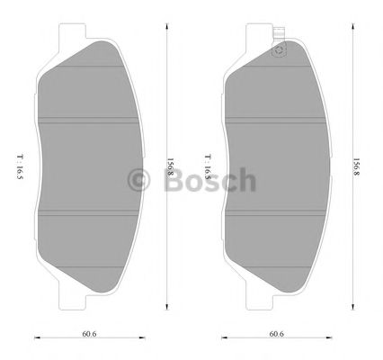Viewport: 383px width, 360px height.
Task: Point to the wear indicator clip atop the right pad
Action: click(x=278, y=46)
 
